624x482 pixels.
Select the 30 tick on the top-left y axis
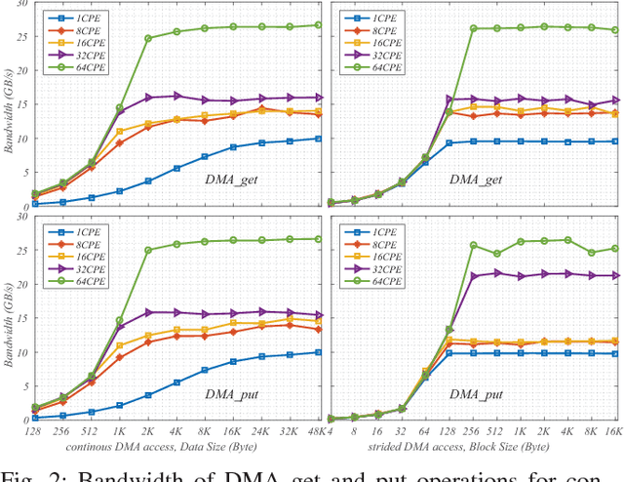click(x=21, y=6)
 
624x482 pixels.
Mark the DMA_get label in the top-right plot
click(x=477, y=179)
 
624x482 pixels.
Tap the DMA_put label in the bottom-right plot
click(x=477, y=393)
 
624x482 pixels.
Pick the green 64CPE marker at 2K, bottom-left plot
click(x=148, y=250)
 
